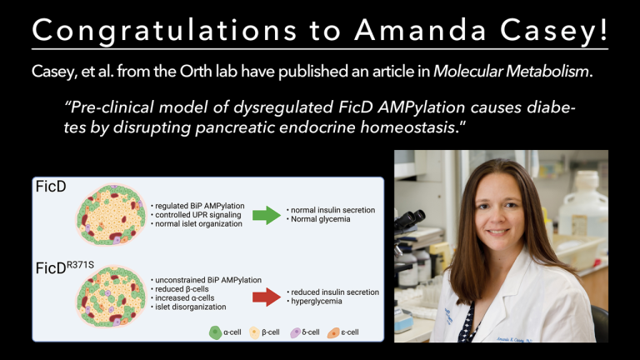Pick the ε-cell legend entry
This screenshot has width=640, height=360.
pos(347,332)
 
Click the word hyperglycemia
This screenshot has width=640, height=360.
pos(320,302)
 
